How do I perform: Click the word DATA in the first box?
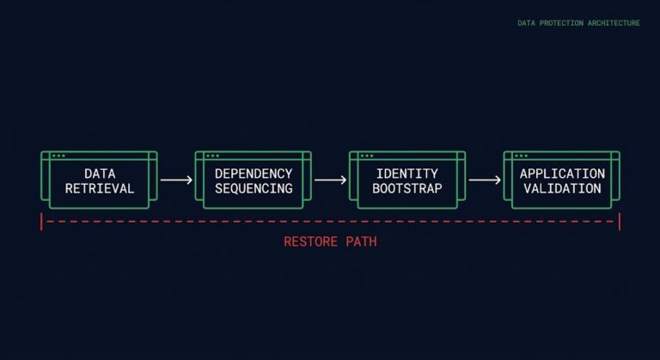[x=100, y=174]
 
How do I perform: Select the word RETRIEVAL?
[x=100, y=188]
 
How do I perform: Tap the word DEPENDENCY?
[x=254, y=174]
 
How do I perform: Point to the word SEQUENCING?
[x=254, y=188]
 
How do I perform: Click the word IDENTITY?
[x=407, y=174]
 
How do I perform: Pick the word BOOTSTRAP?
[x=407, y=188]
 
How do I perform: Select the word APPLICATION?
[x=562, y=174]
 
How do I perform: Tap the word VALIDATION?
[x=562, y=188]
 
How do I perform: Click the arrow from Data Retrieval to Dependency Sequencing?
[x=176, y=180]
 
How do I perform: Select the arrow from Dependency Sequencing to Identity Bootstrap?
[x=330, y=180]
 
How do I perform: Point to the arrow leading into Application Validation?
[x=485, y=180]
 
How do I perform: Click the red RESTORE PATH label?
[x=330, y=242]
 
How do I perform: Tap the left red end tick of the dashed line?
[x=41, y=222]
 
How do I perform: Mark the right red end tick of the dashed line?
[x=619, y=222]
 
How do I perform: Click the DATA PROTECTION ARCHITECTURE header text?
[x=578, y=23]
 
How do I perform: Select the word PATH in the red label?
[x=359, y=242]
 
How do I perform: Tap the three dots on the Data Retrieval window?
[x=58, y=156]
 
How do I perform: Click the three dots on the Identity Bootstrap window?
[x=366, y=156]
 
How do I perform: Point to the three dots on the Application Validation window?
[x=520, y=156]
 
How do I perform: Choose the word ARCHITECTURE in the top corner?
[x=611, y=23]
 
